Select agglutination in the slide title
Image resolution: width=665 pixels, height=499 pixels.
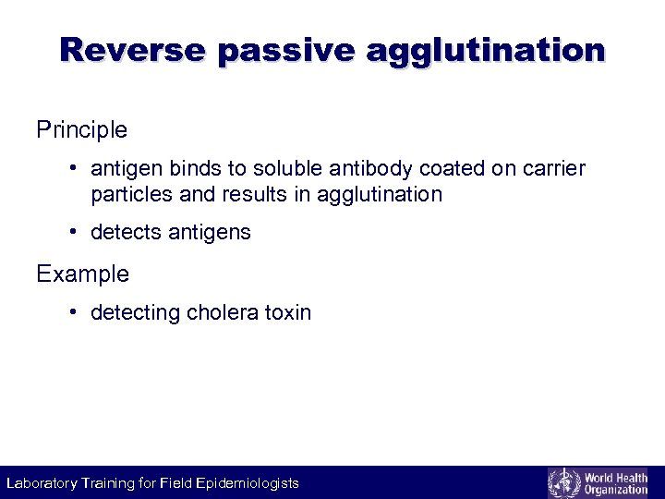[x=486, y=50]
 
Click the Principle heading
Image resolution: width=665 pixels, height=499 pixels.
[x=81, y=130]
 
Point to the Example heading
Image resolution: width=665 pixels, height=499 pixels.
[x=82, y=274]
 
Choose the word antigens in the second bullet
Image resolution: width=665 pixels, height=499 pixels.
[x=210, y=233]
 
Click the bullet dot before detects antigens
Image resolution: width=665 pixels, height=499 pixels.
[x=72, y=233]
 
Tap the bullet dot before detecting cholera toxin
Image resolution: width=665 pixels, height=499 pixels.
[x=72, y=312]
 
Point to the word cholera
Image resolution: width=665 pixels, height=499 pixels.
[x=224, y=312]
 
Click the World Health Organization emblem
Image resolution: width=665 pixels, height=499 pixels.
[x=562, y=482]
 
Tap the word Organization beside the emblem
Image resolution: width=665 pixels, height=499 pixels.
[x=616, y=490]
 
